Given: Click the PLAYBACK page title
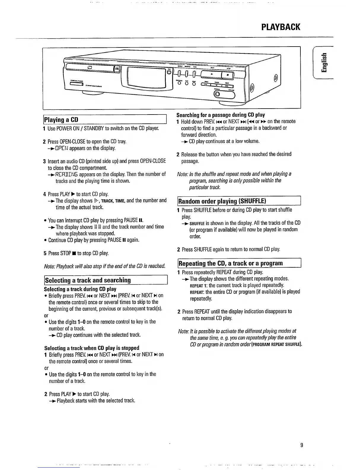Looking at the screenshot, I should (x=281, y=27).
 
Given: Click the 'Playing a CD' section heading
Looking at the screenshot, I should (x=61, y=120).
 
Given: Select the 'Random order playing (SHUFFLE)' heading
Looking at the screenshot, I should (x=222, y=201).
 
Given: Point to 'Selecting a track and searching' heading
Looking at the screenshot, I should (x=88, y=280).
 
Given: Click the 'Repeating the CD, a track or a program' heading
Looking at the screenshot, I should (x=230, y=263).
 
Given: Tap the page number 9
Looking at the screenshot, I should (x=301, y=445).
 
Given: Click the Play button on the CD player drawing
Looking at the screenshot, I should (x=212, y=74).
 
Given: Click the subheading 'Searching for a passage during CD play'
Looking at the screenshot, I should (x=221, y=115).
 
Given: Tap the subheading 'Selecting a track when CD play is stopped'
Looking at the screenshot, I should (x=92, y=348).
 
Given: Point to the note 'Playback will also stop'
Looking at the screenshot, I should (x=104, y=266).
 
